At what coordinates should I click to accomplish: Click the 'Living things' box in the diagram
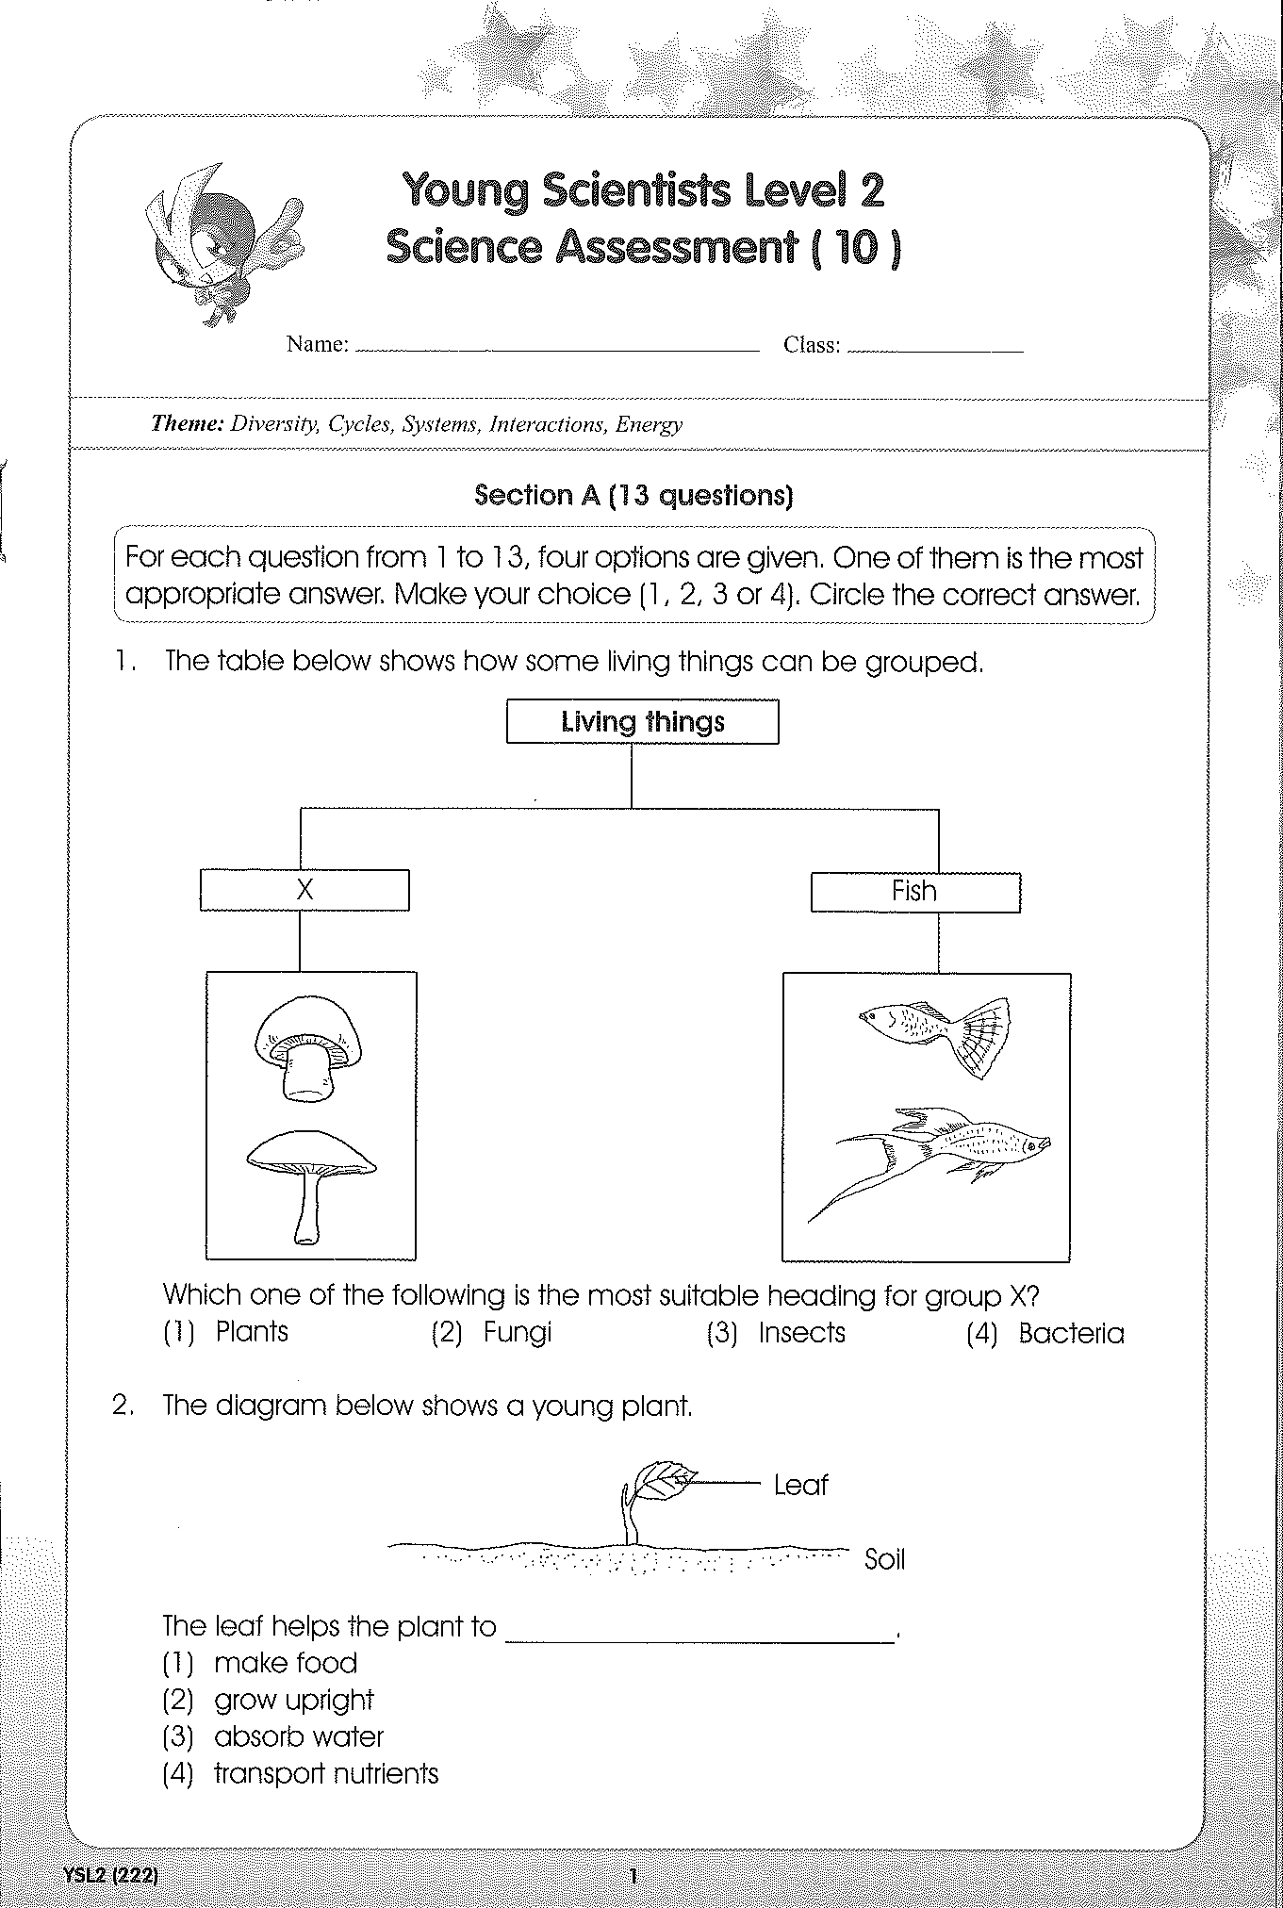pyautogui.click(x=643, y=721)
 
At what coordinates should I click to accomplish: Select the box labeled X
pyautogui.click(x=304, y=890)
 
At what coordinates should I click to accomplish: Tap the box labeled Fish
pyautogui.click(x=915, y=892)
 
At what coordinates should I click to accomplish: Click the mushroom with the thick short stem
pyautogui.click(x=307, y=1048)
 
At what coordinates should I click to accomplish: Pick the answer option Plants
pyautogui.click(x=226, y=1331)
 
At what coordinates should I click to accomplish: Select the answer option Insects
pyautogui.click(x=776, y=1333)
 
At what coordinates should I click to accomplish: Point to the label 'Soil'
pyautogui.click(x=884, y=1559)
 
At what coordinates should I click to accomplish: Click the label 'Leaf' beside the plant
pyautogui.click(x=800, y=1486)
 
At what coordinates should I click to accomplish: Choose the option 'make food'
pyautogui.click(x=260, y=1663)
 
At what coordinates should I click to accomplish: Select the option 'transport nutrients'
pyautogui.click(x=301, y=1774)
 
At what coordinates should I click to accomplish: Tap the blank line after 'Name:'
pyautogui.click(x=558, y=350)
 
